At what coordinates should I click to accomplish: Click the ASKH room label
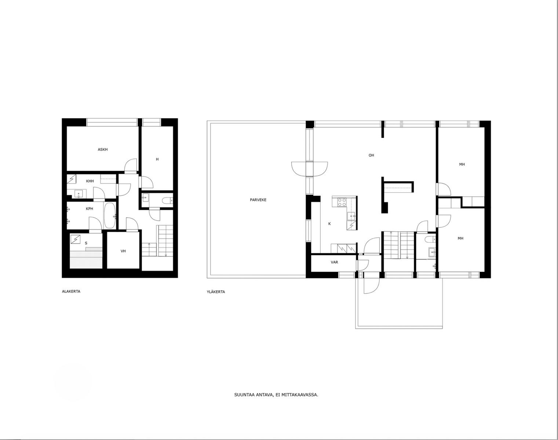click(103, 150)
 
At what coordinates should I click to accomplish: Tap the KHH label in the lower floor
click(90, 181)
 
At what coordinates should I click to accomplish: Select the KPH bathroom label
click(90, 209)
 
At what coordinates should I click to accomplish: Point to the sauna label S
click(86, 243)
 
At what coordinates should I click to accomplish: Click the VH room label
click(123, 251)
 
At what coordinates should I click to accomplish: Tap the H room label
click(157, 159)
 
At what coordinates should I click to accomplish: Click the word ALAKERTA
click(71, 291)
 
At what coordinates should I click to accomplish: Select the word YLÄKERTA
click(216, 292)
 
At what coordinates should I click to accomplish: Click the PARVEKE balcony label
click(258, 200)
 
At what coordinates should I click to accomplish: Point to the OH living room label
click(371, 155)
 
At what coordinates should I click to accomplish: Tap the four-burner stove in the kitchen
click(342, 202)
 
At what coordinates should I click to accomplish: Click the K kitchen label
click(329, 224)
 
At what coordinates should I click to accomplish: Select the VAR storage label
click(334, 262)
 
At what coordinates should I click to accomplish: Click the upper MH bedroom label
click(462, 164)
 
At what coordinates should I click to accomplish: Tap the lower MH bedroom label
click(460, 238)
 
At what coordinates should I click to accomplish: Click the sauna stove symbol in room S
click(76, 239)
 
